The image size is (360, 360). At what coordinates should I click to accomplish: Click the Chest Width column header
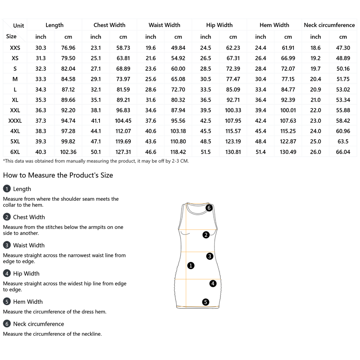click(109, 25)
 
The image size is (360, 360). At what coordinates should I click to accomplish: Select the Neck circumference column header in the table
click(329, 25)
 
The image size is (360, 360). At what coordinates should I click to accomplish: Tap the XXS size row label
click(15, 48)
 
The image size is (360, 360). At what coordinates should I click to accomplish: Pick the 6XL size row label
click(15, 152)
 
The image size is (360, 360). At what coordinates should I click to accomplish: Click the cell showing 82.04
click(68, 69)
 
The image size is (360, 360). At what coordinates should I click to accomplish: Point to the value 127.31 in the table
click(123, 152)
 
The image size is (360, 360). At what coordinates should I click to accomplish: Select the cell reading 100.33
click(233, 110)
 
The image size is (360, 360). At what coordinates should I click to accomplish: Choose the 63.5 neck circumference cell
click(343, 141)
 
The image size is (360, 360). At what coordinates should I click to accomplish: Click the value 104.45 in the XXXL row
click(123, 121)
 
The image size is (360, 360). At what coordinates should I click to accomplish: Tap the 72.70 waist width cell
click(178, 89)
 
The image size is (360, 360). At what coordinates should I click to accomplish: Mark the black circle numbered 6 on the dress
click(209, 208)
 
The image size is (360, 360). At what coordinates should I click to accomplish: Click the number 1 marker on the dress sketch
click(191, 266)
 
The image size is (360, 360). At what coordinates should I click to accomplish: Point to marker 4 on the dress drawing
click(213, 284)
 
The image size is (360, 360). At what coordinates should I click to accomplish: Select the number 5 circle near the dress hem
click(205, 302)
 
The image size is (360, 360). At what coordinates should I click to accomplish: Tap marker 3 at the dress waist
click(210, 256)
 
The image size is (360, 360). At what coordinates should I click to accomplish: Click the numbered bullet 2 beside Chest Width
click(7, 217)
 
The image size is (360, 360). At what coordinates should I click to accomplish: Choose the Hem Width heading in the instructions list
click(28, 302)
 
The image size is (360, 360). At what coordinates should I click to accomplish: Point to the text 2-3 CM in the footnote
click(180, 161)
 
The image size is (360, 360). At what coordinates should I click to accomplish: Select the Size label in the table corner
click(11, 36)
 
